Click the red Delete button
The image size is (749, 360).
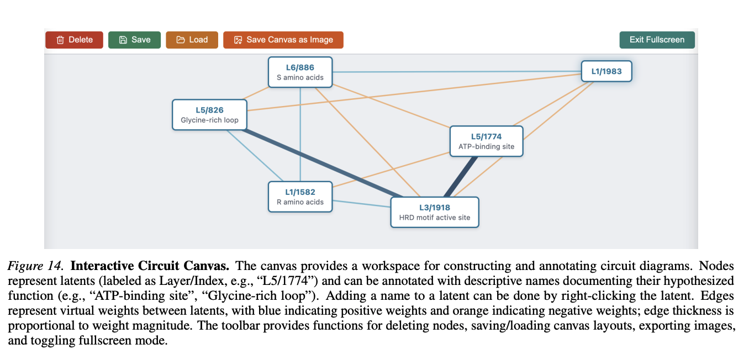[x=74, y=40]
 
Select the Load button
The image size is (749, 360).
[x=192, y=40]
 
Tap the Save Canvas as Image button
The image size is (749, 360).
[x=283, y=40]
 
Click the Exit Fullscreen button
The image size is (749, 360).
[x=657, y=40]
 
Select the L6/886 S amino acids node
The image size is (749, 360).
[x=300, y=72]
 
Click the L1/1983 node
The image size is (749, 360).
[x=606, y=71]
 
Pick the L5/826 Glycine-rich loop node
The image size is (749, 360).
[x=209, y=115]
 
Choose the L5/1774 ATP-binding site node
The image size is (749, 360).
[x=486, y=141]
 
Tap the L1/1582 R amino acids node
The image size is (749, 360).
[x=300, y=197]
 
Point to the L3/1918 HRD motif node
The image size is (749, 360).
[x=434, y=212]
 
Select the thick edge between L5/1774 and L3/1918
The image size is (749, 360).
[x=461, y=177]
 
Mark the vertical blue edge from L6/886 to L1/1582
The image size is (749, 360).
[x=300, y=133]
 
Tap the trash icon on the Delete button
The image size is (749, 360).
[x=60, y=40]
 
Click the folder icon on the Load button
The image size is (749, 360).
[x=181, y=40]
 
